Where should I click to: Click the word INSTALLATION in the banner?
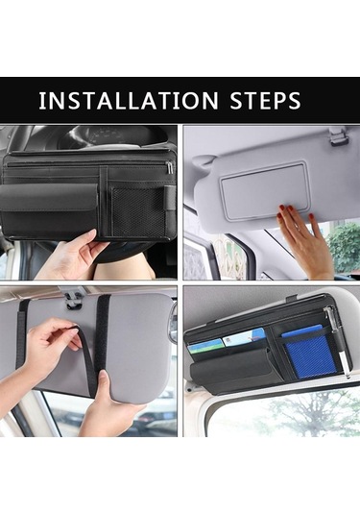pos(128,101)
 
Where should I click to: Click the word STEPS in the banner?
pos(265,101)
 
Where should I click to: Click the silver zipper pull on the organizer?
pos(169,167)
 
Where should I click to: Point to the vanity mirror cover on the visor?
pos(265,190)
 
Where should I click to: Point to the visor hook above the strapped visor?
pos(74,301)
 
